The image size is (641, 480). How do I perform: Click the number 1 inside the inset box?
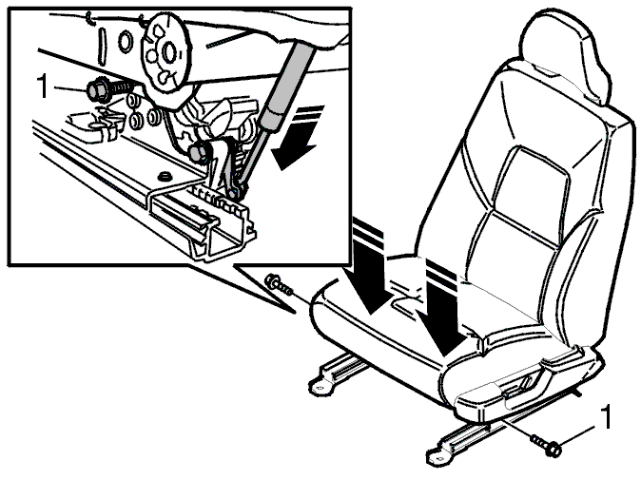(x=43, y=86)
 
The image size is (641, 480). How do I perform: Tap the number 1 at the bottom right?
(x=607, y=416)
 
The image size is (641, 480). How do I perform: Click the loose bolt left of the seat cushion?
(x=279, y=284)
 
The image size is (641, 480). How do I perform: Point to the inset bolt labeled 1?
(x=109, y=90)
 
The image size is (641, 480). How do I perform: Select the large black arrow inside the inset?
(x=297, y=137)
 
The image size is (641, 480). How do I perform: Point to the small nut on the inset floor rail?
(x=165, y=177)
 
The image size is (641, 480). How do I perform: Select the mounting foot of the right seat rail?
(x=437, y=457)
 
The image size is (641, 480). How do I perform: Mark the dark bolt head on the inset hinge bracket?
(x=199, y=151)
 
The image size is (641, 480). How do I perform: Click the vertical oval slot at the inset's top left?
(x=101, y=46)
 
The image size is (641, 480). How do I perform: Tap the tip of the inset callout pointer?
(x=294, y=314)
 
